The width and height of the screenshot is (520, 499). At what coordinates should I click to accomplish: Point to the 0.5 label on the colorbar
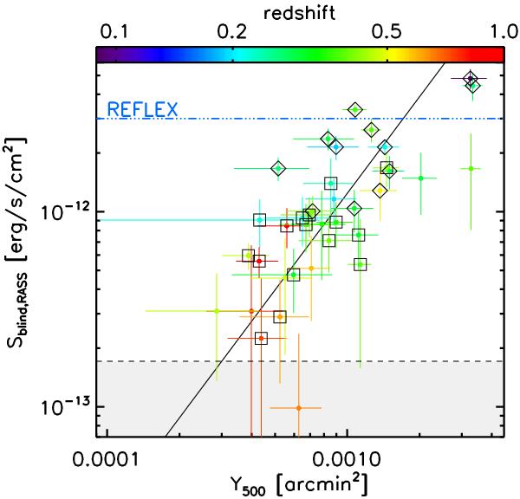[392, 31]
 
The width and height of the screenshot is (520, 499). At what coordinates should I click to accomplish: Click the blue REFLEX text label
[142, 110]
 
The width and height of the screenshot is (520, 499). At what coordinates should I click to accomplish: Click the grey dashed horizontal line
[260, 361]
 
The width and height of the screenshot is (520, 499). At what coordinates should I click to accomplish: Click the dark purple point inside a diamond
[470, 80]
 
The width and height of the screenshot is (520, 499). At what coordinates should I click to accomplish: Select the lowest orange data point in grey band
[298, 408]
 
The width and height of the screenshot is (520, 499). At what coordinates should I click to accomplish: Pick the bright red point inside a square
[258, 260]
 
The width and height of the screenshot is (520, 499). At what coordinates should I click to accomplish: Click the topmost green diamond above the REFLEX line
[355, 109]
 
